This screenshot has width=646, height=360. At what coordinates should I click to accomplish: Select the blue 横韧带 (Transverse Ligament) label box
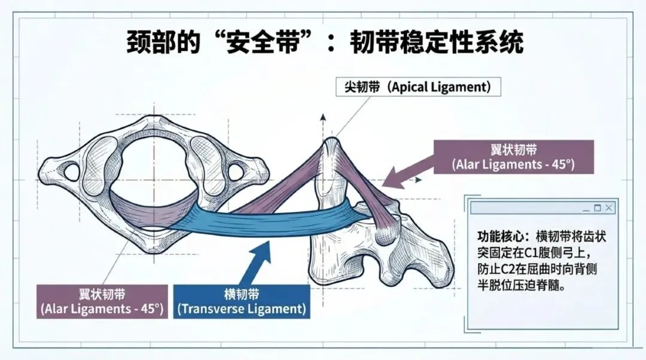[x=242, y=301]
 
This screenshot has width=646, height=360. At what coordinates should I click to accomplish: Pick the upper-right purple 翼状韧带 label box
[x=514, y=156]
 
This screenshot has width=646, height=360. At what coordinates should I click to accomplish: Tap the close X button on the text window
[x=608, y=208]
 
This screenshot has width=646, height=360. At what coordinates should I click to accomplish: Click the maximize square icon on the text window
[x=597, y=208]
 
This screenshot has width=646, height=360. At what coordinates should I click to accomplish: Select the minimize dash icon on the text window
[x=586, y=208]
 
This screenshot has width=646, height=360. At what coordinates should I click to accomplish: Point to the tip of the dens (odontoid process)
[x=331, y=143]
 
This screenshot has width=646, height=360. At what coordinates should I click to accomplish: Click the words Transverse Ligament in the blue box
[x=242, y=309]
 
